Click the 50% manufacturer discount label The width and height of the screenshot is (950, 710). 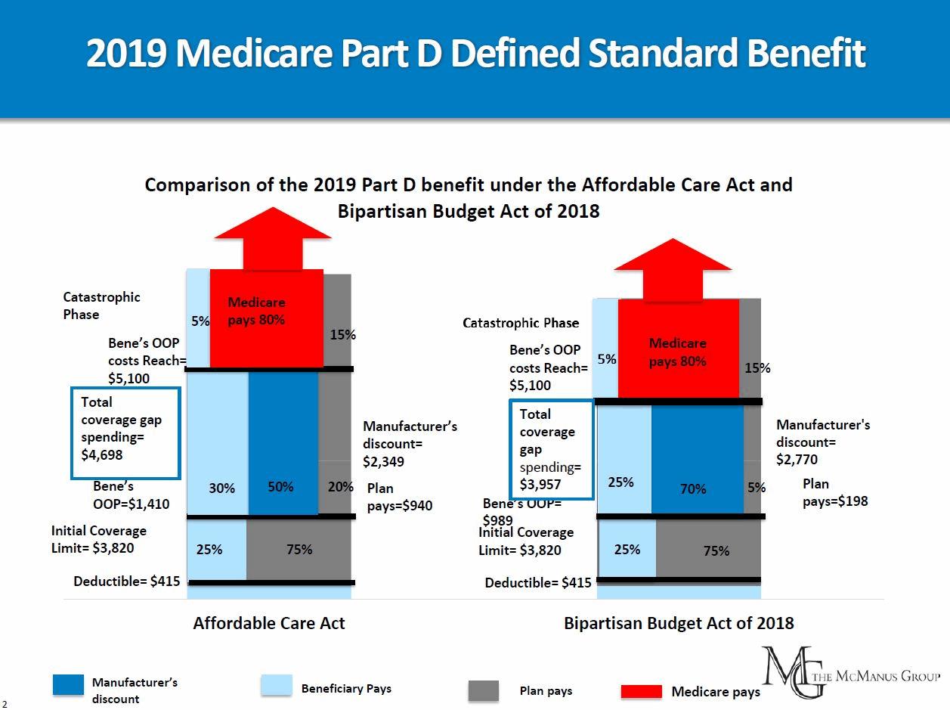coord(280,487)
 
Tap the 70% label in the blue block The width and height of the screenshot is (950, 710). coord(693,489)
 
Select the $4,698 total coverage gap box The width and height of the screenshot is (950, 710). coord(125,433)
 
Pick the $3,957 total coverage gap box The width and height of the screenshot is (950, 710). coord(551,450)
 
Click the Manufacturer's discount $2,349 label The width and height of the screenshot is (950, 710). coord(410,444)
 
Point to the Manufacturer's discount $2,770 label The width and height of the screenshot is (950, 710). coord(823,442)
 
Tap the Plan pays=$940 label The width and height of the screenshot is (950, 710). coord(399,497)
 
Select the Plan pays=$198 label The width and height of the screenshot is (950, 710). coord(835,492)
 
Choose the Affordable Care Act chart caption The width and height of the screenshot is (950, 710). coord(269,623)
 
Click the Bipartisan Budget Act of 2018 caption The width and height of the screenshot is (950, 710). coord(679,623)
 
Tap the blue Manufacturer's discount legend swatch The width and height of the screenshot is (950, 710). coord(68,684)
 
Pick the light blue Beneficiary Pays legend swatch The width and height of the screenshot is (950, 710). coord(276,684)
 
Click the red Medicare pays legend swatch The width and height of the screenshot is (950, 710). coord(641,692)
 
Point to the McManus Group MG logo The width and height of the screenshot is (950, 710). coord(789,671)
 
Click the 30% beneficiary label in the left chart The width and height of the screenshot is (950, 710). coord(222,488)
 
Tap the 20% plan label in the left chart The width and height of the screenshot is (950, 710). coord(341,487)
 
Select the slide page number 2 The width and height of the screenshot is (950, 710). coord(5,703)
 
